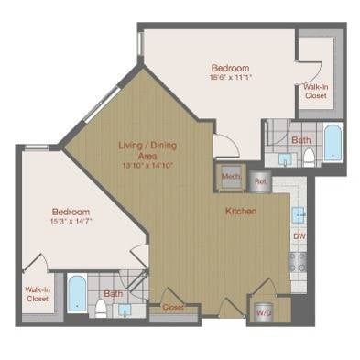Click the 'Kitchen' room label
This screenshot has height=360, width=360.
click(x=240, y=212)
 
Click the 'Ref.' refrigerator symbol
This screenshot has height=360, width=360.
click(x=260, y=180)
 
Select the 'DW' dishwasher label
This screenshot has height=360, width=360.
click(x=298, y=235)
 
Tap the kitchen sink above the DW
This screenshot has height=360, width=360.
click(x=298, y=215)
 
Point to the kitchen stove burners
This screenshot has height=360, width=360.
click(x=298, y=261)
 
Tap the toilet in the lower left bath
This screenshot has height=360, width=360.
click(x=101, y=307)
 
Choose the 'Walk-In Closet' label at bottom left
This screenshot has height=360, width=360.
click(x=38, y=294)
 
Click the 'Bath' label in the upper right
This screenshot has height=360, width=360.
click(x=300, y=140)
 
